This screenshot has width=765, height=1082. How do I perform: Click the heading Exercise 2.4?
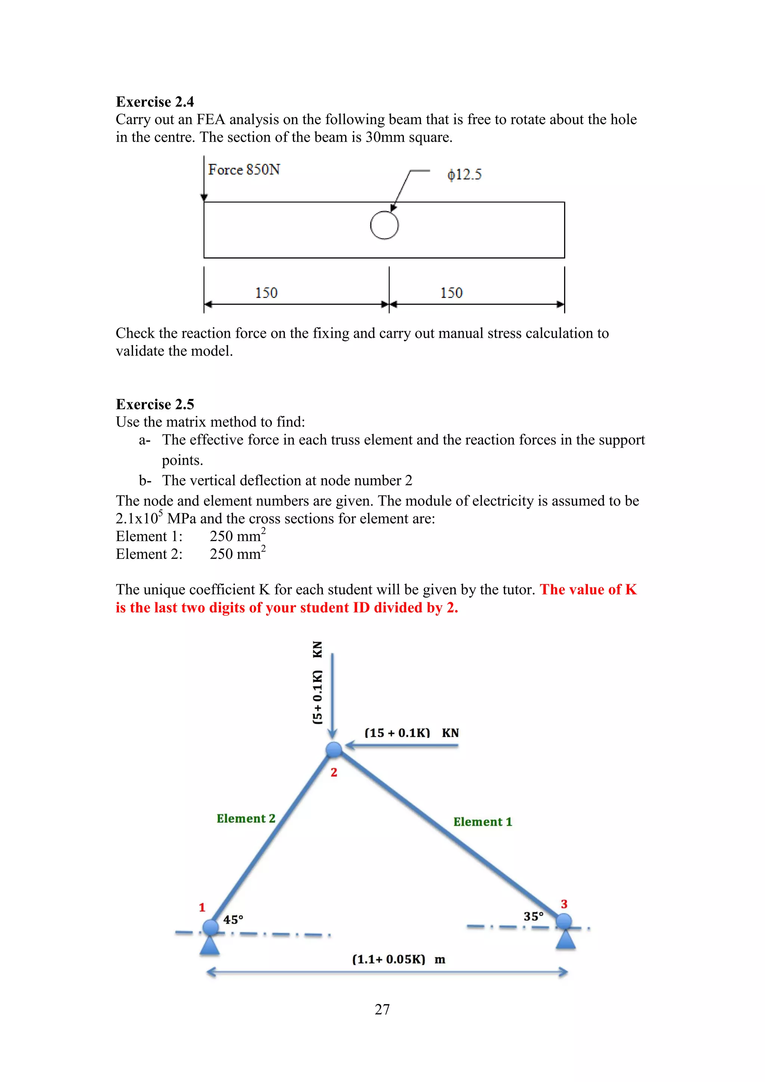click(155, 102)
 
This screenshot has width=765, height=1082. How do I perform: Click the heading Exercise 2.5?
click(155, 404)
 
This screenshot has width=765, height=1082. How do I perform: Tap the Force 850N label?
click(244, 170)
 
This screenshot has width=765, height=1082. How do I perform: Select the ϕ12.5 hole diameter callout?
click(464, 175)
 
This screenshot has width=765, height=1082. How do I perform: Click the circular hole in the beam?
click(384, 226)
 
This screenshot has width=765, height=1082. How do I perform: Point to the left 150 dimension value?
click(266, 293)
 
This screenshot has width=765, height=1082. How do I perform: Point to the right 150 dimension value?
click(451, 293)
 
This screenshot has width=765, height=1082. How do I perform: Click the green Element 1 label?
click(482, 822)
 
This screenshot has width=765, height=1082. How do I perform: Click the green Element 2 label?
click(246, 819)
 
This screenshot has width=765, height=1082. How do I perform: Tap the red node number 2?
click(334, 772)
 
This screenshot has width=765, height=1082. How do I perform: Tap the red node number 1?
click(202, 907)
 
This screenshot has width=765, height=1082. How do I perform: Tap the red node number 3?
click(564, 904)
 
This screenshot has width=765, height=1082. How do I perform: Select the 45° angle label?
click(233, 919)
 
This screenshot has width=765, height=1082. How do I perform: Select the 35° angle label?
click(533, 916)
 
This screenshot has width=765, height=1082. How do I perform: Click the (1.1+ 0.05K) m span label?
click(399, 959)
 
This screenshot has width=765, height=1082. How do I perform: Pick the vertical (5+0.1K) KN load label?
click(318, 683)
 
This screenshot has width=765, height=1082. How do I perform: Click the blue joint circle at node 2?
click(334, 749)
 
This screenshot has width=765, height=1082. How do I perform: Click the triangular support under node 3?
click(565, 939)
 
